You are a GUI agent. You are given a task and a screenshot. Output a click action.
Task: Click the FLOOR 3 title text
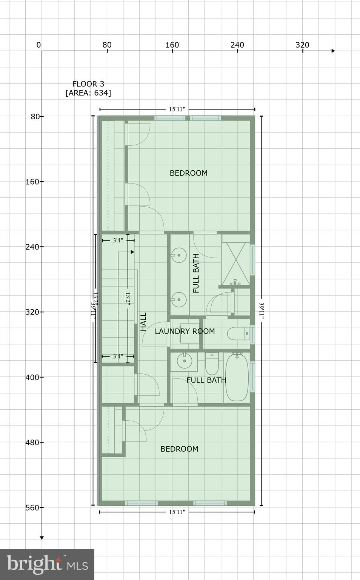[88, 84]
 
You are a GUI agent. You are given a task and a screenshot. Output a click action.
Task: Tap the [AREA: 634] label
[88, 93]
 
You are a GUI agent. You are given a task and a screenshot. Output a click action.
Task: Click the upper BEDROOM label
[188, 173]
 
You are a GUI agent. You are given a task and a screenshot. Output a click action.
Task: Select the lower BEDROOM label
[179, 449]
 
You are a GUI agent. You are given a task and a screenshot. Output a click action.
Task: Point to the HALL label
[143, 322]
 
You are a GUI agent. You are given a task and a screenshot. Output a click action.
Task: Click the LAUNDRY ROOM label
[185, 331]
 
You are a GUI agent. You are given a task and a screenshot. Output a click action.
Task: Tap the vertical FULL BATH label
[196, 273]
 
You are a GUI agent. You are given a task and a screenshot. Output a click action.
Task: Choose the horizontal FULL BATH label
[206, 380]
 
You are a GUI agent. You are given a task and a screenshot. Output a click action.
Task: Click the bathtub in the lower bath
[237, 377]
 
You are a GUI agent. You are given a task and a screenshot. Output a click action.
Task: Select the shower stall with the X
[235, 264]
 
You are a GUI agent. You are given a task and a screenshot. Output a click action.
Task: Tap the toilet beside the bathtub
[212, 364]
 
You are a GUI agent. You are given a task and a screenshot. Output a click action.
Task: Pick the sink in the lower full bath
[185, 360]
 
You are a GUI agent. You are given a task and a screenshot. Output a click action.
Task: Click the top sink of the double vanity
[179, 255]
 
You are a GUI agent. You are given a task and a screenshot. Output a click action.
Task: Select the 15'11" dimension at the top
[177, 109]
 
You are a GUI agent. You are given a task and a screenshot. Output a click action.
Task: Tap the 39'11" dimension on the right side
[261, 310]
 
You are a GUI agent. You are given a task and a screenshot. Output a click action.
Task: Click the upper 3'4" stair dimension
[118, 240]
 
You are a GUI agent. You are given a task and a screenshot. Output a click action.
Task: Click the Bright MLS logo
[47, 565]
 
